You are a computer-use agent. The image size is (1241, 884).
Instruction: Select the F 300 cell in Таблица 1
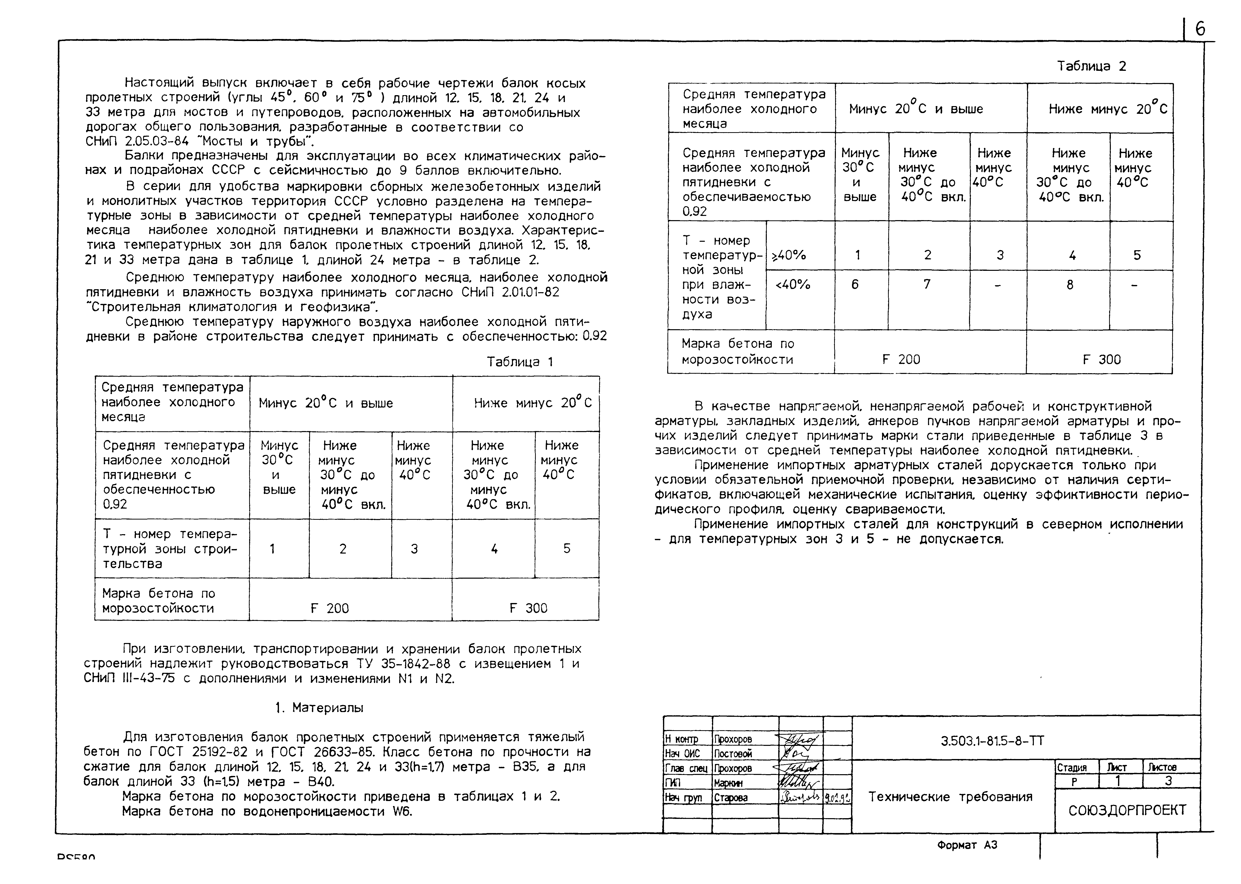coord(528,608)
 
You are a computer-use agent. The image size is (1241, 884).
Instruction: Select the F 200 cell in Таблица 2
coord(901,359)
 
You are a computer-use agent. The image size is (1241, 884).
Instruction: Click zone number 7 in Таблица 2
coord(927,284)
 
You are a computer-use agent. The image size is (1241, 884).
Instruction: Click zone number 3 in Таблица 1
coord(414,549)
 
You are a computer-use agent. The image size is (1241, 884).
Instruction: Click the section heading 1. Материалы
coord(319,708)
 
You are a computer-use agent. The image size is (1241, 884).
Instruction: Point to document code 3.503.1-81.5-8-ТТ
coord(992,741)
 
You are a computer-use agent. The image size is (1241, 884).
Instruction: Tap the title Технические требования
coord(950,797)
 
